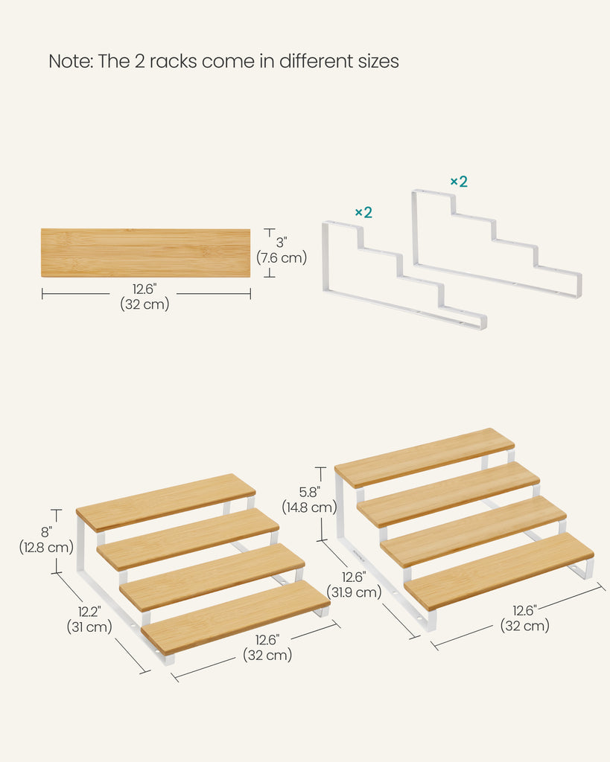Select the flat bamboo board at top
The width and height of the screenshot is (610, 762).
coord(145,253)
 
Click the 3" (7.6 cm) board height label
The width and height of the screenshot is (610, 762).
coord(282,250)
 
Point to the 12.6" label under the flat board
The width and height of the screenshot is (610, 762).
coord(144,296)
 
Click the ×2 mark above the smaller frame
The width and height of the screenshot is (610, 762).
coord(363,212)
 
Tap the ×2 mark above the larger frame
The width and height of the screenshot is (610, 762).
coord(459,182)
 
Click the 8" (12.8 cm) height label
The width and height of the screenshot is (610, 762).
coord(46,540)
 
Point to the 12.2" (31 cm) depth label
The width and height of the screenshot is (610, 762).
coord(89,619)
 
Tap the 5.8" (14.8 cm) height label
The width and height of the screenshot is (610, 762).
coord(309,499)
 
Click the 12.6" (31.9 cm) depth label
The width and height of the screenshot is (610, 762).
coord(354,585)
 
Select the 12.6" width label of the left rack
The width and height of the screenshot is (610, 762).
coord(267,647)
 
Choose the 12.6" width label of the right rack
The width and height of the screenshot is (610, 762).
coord(525,618)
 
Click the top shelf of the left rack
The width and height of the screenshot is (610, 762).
coord(166,502)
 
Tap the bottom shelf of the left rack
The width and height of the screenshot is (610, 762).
coord(235,617)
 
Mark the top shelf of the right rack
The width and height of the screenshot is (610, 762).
coord(425,458)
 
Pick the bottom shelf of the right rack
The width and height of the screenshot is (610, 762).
coord(498,571)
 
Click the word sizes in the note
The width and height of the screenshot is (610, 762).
coord(378,61)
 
